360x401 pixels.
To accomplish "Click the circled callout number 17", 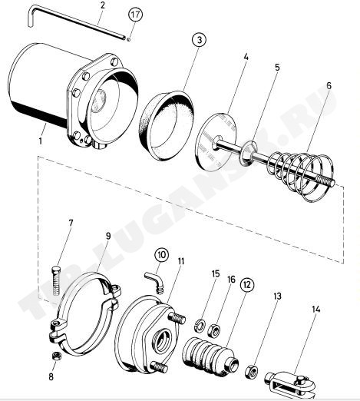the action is pyautogui.click(x=135, y=15).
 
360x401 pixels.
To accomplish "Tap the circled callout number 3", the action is pyautogui.click(x=200, y=40).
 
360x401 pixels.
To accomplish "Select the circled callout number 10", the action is pyautogui.click(x=162, y=255).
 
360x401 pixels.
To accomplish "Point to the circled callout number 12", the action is pyautogui.click(x=247, y=285).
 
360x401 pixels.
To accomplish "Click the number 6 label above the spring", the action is pyautogui.click(x=329, y=86).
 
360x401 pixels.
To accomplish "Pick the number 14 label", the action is pyautogui.click(x=316, y=310).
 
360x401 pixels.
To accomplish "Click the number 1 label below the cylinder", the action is pyautogui.click(x=40, y=141).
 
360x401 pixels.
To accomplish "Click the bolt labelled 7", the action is pyautogui.click(x=57, y=281).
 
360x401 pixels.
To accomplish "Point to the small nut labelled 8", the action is pyautogui.click(x=56, y=356).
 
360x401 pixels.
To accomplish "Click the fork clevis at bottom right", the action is pyautogui.click(x=290, y=383).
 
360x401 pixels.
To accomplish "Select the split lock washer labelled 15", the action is pyautogui.click(x=200, y=324).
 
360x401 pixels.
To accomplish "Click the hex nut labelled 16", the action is pyautogui.click(x=214, y=329).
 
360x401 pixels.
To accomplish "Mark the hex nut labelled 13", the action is pyautogui.click(x=252, y=372).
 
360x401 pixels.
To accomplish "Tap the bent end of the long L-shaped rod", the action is pyautogui.click(x=30, y=17).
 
